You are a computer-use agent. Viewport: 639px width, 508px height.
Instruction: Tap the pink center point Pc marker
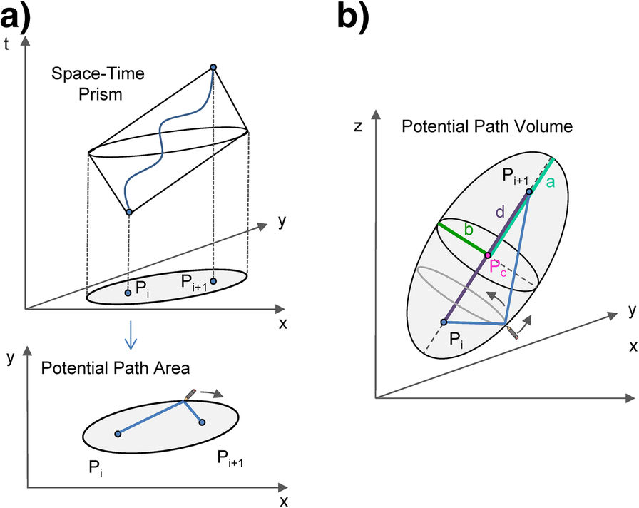[488, 255]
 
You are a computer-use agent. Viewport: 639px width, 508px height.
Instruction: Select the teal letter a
[550, 183]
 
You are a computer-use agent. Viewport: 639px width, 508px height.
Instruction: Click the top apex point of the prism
[213, 67]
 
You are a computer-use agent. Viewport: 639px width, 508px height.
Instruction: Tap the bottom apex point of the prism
[128, 213]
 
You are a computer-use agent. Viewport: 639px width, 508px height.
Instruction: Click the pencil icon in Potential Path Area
[189, 394]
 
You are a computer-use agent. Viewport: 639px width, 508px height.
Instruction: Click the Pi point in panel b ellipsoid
[443, 322]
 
